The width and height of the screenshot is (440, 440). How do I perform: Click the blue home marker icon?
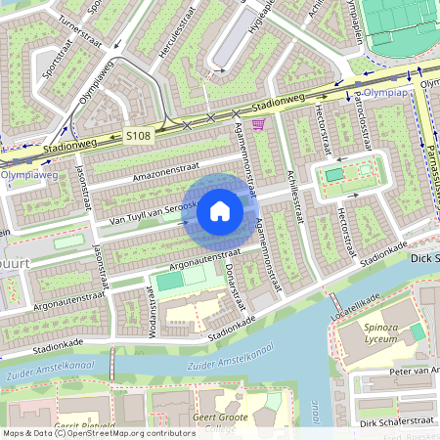pyautogui.click(x=220, y=210)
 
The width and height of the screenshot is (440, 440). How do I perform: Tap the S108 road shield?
pyautogui.click(x=138, y=136)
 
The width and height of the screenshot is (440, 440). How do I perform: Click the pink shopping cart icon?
pyautogui.click(x=258, y=124)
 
